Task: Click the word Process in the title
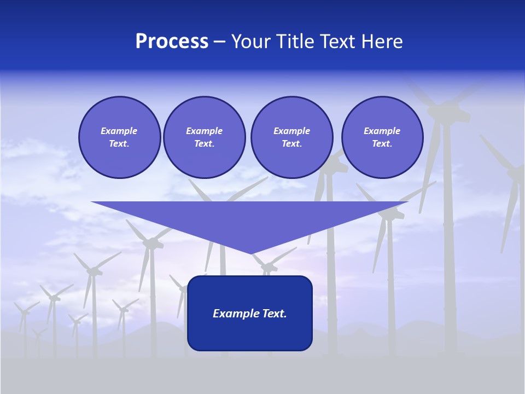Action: pos(172,42)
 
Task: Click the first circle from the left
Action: pos(119,137)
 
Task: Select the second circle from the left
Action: pos(204,137)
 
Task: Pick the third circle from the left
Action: pos(291,137)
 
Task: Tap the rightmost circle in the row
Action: pos(382,137)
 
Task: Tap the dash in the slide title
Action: pos(219,42)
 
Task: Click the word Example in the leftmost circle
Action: pos(119,131)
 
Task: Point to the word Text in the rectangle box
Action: pos(273,314)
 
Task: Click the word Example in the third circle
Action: pos(291,131)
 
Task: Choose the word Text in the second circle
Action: pos(203,143)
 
